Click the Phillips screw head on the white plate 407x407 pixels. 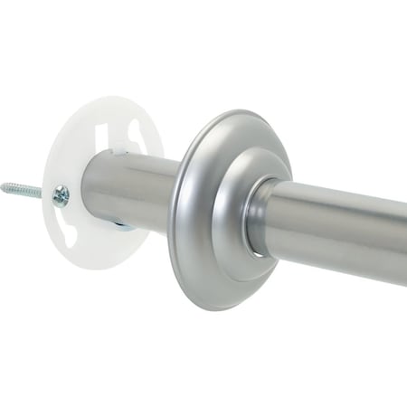coord(61,195)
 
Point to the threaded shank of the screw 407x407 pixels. coord(27,192)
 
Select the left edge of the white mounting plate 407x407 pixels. coord(44,172)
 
